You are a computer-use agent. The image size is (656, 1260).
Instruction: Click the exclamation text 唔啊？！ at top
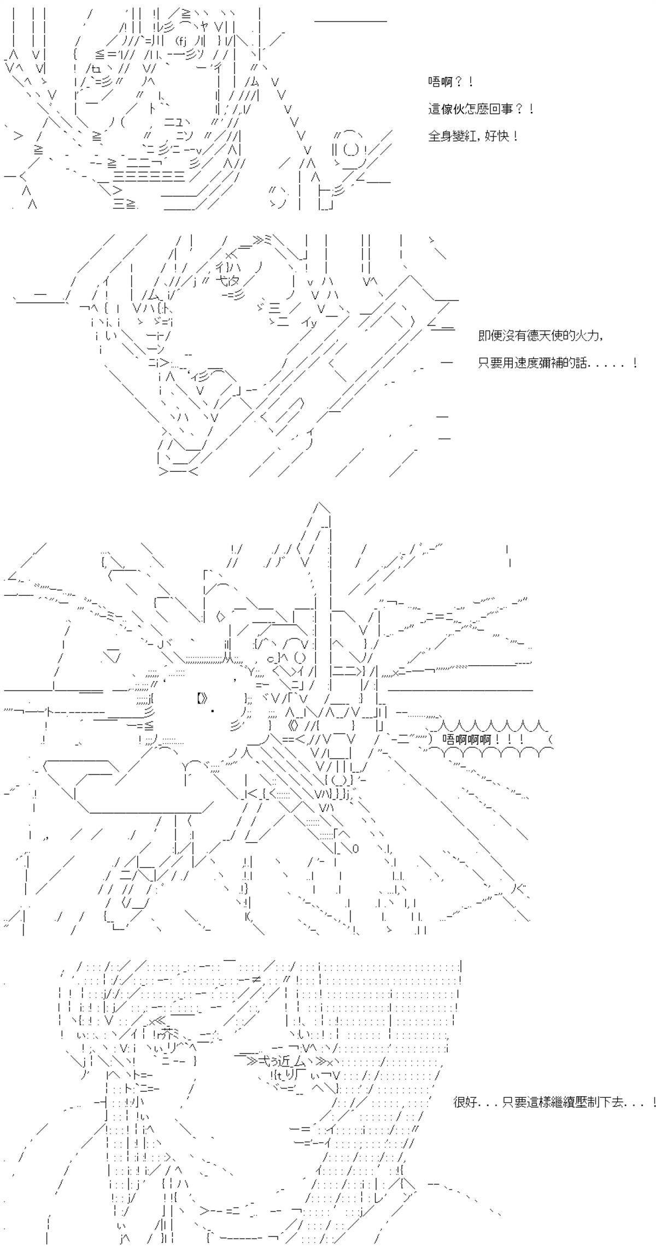click(x=450, y=82)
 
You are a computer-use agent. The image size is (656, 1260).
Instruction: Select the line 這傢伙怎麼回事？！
click(x=481, y=109)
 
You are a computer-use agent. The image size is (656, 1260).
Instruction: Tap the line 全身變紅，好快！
click(x=473, y=136)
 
